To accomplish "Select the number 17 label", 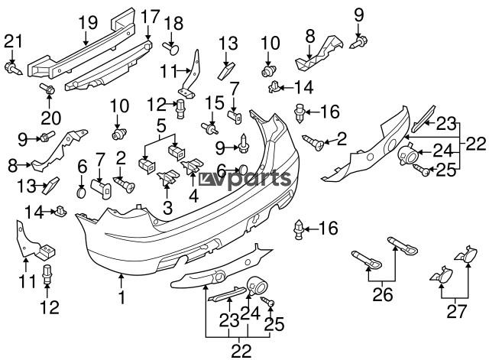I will (x=150, y=15).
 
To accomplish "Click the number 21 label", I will (x=13, y=41).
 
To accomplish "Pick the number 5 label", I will (x=162, y=125).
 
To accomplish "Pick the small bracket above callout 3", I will (x=164, y=179).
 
